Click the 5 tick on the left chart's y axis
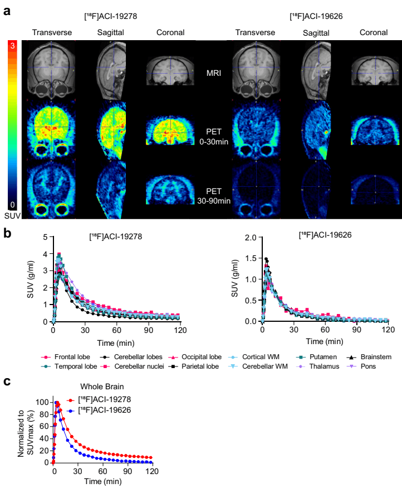point(45,237)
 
